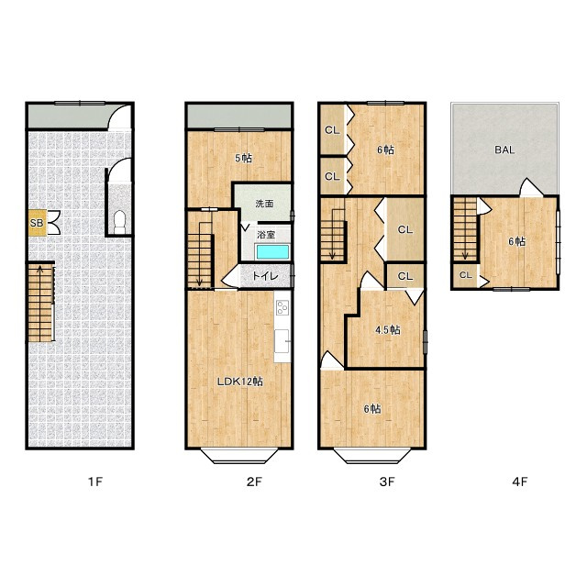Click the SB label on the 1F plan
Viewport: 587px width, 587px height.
click(x=37, y=223)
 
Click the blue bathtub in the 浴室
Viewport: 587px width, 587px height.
click(x=272, y=252)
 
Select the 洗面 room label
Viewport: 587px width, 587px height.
click(x=264, y=204)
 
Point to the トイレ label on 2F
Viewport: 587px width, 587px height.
click(x=265, y=276)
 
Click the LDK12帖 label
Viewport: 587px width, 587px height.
click(x=240, y=382)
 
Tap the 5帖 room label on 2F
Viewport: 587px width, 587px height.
click(x=243, y=158)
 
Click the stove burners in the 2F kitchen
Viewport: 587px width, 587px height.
click(x=282, y=308)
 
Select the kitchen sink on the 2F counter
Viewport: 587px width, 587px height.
click(x=282, y=340)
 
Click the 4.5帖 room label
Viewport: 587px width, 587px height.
click(x=388, y=330)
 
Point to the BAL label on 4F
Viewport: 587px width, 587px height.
click(x=504, y=150)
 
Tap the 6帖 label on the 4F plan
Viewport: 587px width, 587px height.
click(x=516, y=241)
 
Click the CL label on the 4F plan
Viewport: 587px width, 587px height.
click(x=466, y=275)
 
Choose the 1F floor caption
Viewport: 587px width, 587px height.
click(x=95, y=482)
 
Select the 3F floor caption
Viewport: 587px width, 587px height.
click(x=387, y=482)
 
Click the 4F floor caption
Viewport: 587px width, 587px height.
click(x=520, y=482)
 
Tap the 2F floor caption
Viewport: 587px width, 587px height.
click(x=254, y=482)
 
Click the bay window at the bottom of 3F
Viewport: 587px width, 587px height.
click(x=371, y=456)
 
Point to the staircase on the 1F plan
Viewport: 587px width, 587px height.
click(x=40, y=303)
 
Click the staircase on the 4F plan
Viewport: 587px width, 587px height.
click(x=465, y=229)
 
